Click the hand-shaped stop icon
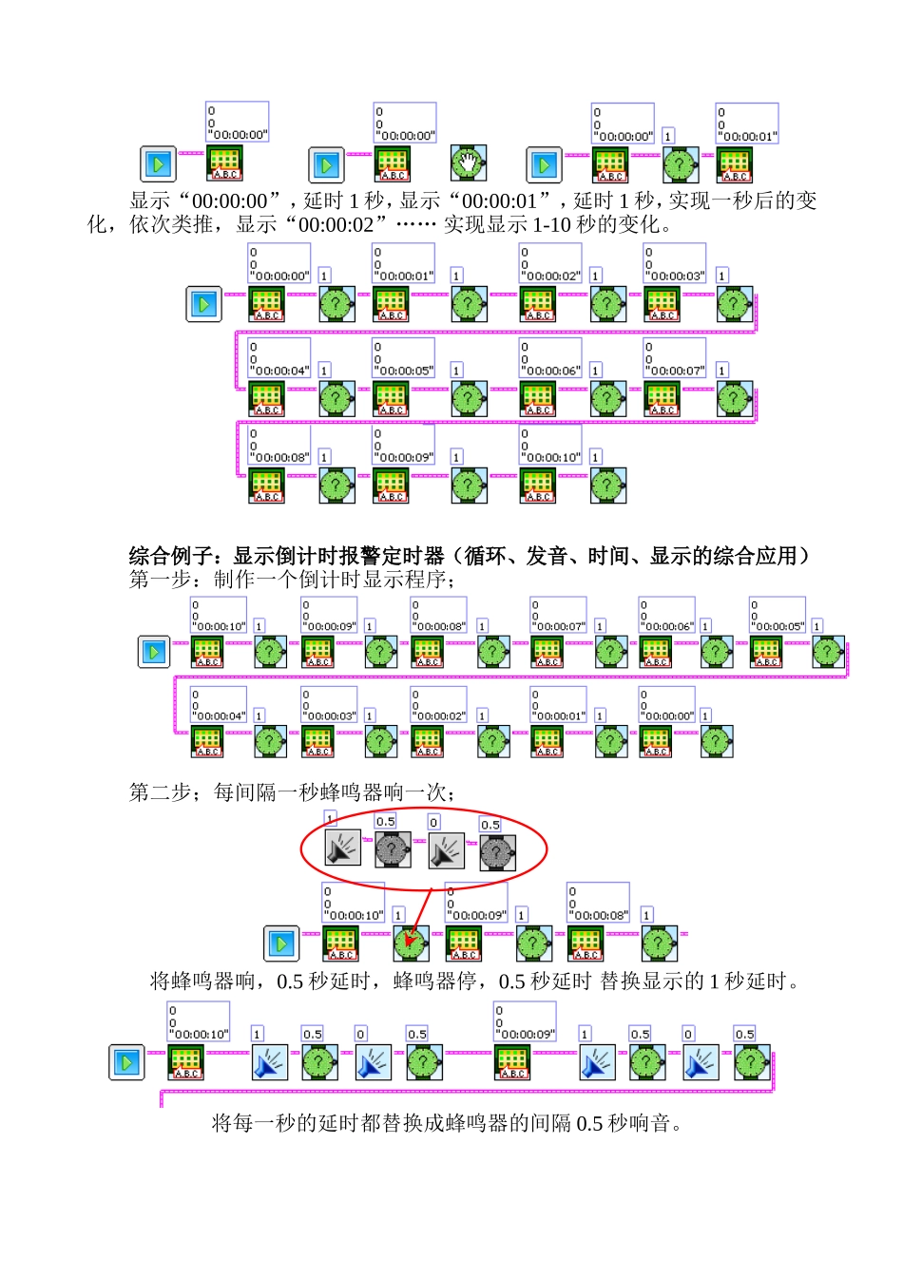coord(468,163)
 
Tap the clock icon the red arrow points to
coord(411,943)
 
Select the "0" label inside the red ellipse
coord(434,823)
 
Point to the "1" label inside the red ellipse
coord(330,818)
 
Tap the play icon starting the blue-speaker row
coord(127,1061)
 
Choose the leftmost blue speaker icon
coord(270,1062)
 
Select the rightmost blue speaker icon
coord(701,1062)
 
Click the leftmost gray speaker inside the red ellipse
coord(343,848)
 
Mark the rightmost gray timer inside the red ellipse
coord(497,852)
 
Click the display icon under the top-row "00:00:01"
coord(734,164)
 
